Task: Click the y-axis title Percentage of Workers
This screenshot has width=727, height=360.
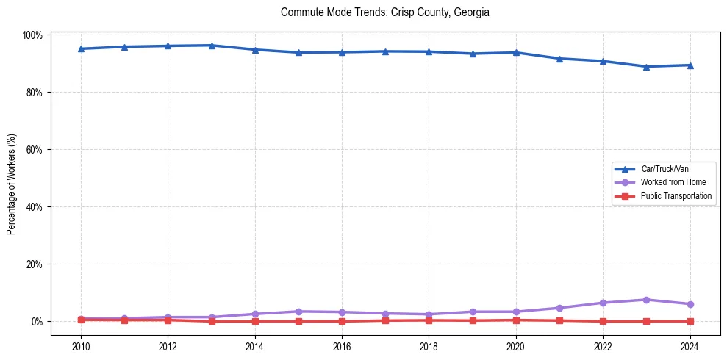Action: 12,184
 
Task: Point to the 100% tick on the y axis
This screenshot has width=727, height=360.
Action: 35,35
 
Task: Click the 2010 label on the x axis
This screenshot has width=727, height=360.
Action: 81,346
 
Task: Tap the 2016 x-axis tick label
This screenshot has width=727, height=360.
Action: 342,346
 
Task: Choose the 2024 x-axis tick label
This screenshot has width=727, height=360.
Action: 690,346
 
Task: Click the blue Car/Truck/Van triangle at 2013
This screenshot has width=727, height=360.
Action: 212,46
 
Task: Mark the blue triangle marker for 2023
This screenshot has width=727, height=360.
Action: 646,67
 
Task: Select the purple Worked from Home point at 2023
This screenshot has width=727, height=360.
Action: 646,300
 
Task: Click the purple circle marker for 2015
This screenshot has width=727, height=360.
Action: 298,312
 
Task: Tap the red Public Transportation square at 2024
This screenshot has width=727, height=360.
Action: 690,321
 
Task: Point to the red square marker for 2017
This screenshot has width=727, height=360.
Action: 385,320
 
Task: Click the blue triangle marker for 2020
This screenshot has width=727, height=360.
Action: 516,52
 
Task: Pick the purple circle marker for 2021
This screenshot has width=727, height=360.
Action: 559,308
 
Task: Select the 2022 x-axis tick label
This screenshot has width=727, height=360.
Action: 603,346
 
